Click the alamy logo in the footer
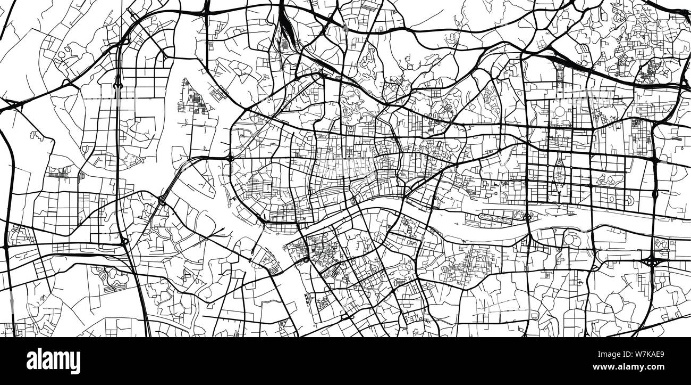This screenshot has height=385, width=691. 53,361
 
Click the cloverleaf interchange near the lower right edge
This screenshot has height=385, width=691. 651,260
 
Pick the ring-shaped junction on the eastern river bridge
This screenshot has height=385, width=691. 527,217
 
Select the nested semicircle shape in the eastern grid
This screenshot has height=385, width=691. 629,200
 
